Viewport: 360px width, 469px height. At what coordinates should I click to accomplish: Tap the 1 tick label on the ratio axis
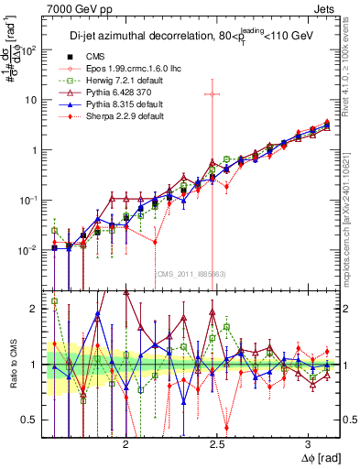point(38,365)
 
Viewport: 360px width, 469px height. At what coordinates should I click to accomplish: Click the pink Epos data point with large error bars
point(213,93)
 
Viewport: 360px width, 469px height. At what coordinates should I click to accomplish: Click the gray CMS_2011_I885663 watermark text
point(191,273)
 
